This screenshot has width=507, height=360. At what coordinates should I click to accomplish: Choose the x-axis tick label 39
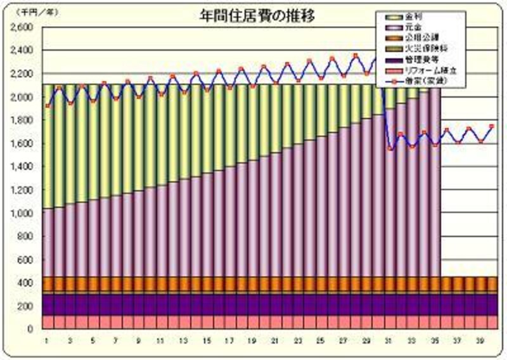pyautogui.click(x=480, y=341)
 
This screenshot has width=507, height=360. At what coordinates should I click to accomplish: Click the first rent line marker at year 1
pyautogui.click(x=48, y=105)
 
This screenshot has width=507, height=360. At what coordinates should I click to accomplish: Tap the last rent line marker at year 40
pyautogui.click(x=492, y=127)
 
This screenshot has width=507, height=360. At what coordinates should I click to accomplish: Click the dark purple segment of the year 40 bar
pyautogui.click(x=492, y=304)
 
